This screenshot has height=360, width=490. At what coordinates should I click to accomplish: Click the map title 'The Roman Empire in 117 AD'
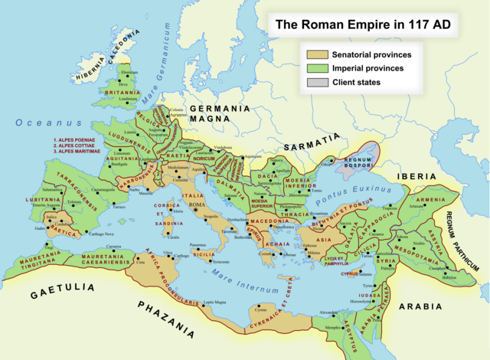(362, 25)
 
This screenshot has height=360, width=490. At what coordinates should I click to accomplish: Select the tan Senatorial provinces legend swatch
(317, 54)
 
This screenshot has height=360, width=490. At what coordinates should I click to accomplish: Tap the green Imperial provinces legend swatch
(317, 68)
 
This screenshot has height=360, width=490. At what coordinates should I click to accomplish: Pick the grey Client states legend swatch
(317, 82)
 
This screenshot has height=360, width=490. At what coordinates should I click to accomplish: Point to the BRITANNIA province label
(123, 91)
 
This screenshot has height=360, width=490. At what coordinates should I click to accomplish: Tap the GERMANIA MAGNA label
(220, 114)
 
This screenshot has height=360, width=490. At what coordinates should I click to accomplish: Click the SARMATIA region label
(311, 141)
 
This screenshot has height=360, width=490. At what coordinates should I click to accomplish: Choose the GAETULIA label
(63, 292)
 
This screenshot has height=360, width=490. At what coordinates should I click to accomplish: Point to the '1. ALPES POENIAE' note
(79, 140)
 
